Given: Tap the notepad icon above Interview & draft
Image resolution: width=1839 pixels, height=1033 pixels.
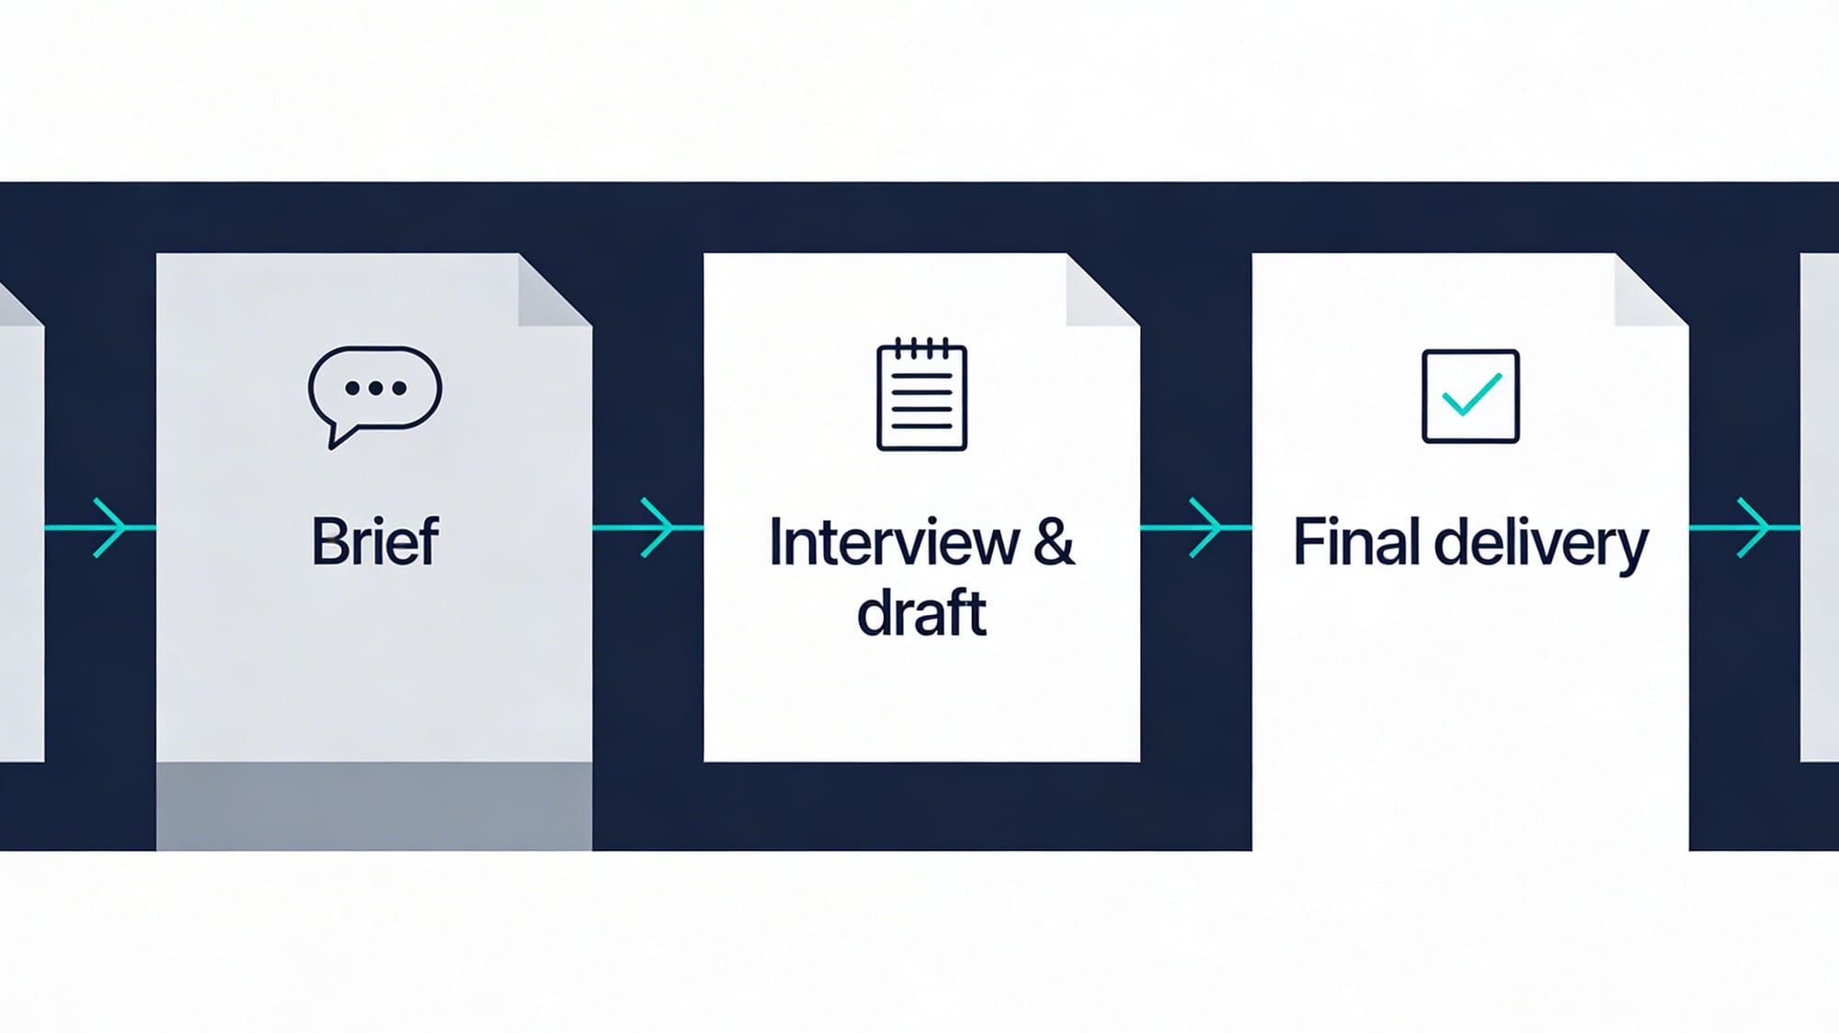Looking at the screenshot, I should click(921, 395).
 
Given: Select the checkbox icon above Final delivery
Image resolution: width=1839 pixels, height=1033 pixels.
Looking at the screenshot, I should click(1470, 396).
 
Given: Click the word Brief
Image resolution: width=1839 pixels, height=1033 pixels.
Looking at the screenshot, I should click(375, 541).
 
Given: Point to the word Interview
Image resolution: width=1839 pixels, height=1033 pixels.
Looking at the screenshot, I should click(894, 542).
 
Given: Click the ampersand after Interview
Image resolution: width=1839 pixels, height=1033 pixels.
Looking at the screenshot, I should click(1054, 542).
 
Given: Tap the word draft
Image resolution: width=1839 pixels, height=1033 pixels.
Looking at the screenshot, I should click(921, 614).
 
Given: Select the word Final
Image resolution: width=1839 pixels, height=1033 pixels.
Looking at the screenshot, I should click(1358, 542).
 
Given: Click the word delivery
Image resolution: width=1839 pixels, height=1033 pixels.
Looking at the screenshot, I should click(1541, 544).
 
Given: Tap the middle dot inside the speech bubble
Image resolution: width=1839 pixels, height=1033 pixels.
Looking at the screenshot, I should click(375, 388).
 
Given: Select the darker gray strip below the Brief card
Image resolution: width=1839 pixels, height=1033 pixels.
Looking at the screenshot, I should click(374, 805).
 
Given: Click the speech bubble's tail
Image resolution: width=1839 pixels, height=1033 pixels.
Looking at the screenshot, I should click(338, 436).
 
